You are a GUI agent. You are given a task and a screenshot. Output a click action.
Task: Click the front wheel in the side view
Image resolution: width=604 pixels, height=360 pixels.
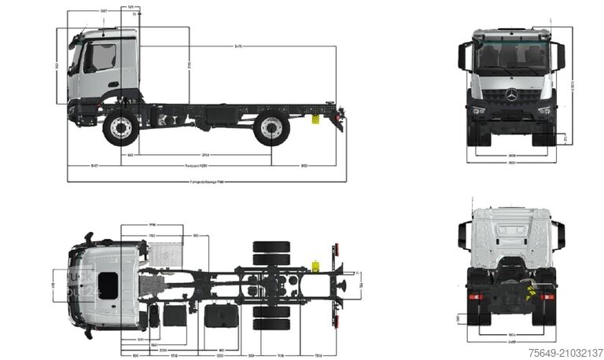pyautogui.click(x=120, y=129)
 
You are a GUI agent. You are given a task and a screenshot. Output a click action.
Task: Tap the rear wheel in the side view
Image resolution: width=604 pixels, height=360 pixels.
pyautogui.click(x=271, y=129)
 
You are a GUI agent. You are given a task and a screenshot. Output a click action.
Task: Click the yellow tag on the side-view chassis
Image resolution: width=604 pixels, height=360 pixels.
pyautogui.click(x=315, y=120)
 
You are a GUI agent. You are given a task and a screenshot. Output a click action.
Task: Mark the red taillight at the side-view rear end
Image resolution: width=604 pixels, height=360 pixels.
pyautogui.click(x=341, y=116)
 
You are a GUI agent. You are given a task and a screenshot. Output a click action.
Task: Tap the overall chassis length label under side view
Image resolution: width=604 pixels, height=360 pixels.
pyautogui.click(x=206, y=182)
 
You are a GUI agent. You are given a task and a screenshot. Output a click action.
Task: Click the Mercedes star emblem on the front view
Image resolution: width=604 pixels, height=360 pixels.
pyautogui.click(x=512, y=95)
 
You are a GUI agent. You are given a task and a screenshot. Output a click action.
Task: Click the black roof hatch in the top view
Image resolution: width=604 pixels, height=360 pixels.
pyautogui.click(x=108, y=285)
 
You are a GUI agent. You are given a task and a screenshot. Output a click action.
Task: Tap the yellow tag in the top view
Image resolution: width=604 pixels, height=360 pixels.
pyautogui.click(x=316, y=264)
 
